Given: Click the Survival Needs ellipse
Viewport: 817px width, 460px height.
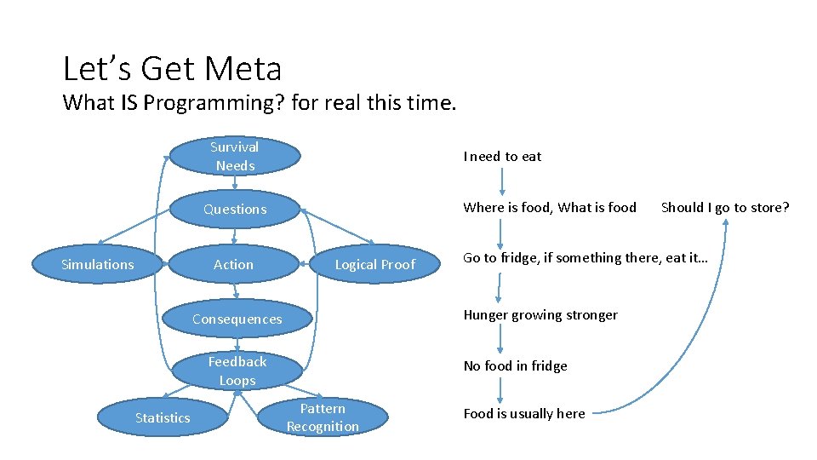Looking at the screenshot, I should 236,156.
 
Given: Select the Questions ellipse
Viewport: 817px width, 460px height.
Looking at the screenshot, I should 235,210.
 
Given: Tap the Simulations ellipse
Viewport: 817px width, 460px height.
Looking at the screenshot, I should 98,265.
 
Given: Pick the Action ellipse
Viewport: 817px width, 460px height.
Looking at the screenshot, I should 234,265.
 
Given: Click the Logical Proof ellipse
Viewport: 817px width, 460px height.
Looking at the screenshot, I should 374,265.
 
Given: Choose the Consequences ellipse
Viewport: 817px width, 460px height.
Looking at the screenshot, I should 237,319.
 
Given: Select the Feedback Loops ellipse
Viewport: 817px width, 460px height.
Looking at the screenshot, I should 237,371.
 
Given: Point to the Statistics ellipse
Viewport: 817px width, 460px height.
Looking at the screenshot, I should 163,417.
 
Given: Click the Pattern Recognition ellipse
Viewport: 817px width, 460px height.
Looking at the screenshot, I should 323,417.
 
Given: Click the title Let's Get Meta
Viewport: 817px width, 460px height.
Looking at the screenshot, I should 172,68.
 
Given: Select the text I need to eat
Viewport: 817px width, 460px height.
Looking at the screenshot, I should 502,156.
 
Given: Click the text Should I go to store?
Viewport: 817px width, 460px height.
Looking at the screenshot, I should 725,207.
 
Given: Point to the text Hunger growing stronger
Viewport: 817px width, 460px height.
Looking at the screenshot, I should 540,315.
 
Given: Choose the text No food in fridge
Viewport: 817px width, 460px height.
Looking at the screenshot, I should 515,366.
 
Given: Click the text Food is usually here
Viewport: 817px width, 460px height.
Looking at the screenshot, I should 524,414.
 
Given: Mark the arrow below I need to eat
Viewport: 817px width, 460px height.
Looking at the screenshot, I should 502,181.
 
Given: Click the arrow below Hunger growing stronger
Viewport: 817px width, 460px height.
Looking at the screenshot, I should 500,340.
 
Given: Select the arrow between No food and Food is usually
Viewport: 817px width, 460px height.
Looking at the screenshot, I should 500,390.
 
